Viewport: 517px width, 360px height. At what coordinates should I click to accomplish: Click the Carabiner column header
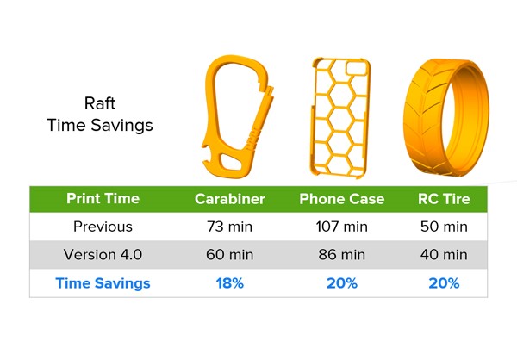point(229,199)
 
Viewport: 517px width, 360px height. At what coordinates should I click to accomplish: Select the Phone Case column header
point(342,199)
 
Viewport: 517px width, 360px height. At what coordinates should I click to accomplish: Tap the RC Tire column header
point(444,199)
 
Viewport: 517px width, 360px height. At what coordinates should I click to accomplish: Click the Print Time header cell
point(103,198)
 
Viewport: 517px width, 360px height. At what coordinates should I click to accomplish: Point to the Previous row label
point(103,227)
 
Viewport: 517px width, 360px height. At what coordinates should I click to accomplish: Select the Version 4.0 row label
point(103,255)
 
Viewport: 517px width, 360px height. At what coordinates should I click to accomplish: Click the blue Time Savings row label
point(103,283)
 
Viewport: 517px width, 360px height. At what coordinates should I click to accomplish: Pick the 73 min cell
point(229,227)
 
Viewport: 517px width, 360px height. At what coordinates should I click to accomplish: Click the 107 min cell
point(341,227)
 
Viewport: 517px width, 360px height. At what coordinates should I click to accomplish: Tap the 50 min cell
point(444,227)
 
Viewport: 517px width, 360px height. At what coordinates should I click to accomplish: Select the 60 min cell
point(229,255)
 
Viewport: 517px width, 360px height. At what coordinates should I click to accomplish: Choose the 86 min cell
point(341,255)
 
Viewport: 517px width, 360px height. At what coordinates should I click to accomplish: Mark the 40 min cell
point(444,255)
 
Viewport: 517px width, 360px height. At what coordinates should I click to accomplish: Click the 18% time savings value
point(230,283)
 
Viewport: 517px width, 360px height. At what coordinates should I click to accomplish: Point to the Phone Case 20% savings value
point(342,283)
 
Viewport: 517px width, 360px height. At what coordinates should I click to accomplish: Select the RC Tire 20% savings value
point(444,283)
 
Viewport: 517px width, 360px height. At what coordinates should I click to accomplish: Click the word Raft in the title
point(100,103)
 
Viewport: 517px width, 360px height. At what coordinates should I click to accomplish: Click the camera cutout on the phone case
point(357,67)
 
